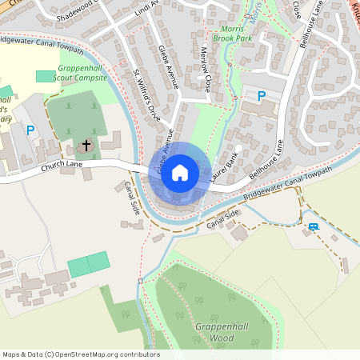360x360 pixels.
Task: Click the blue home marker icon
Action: point(180,172)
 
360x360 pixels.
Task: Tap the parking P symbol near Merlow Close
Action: point(261,95)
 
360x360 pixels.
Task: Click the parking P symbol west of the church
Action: point(30,130)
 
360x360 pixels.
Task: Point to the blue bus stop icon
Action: point(313,227)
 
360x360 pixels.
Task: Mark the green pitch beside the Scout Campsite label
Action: point(46,75)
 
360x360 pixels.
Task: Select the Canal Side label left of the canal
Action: point(132,196)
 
